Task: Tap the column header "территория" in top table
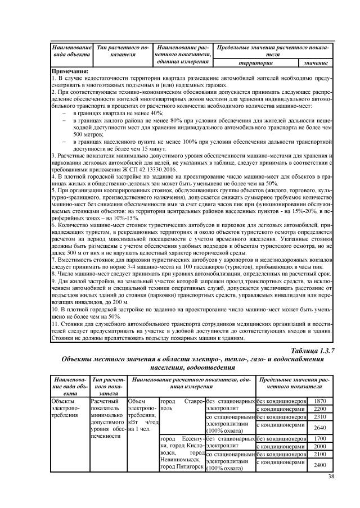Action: (256, 62)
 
